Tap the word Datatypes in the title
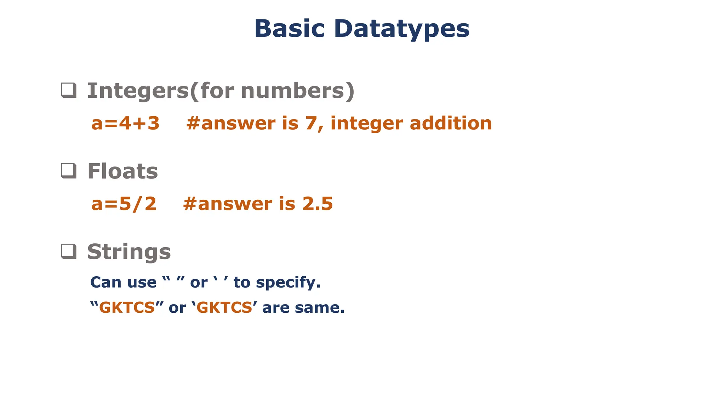[x=401, y=29]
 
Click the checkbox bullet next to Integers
[x=69, y=90]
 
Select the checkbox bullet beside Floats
[x=69, y=171]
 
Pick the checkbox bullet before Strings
[x=69, y=251]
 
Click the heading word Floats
[x=122, y=171]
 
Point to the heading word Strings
[x=129, y=252]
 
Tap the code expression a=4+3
[x=125, y=123]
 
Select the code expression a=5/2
[x=124, y=204]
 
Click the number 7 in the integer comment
[x=310, y=123]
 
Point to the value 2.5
[x=317, y=204]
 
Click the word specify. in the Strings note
[x=288, y=283]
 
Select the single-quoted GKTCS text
[x=224, y=307]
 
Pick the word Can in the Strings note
[x=105, y=282]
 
